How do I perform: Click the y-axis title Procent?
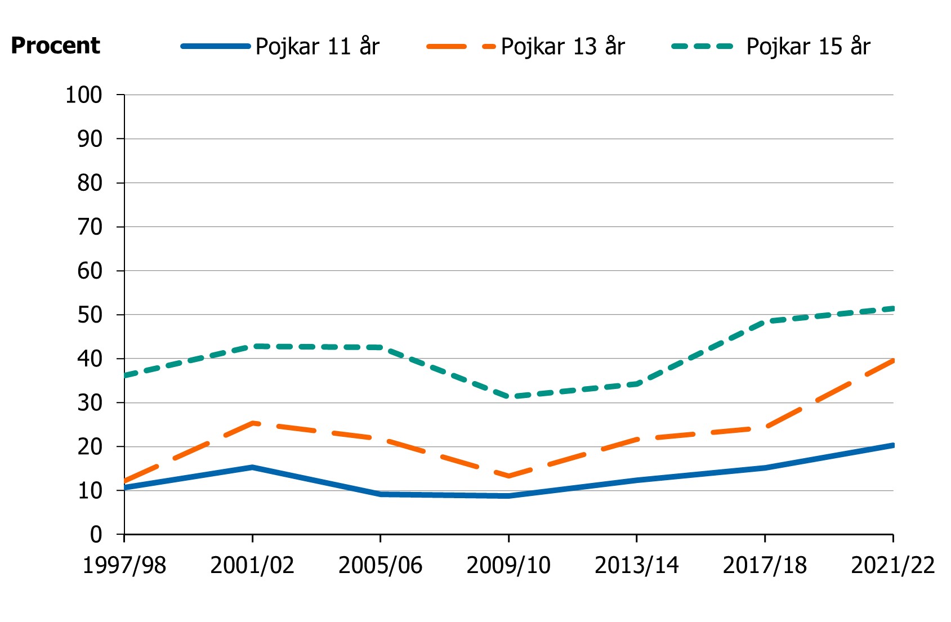click(x=55, y=46)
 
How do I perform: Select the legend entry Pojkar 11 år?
click(x=317, y=47)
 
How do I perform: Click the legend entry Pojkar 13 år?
click(x=562, y=47)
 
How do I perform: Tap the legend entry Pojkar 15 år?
click(x=808, y=47)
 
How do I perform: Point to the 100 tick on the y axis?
click(x=84, y=95)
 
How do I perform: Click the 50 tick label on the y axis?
click(x=90, y=315)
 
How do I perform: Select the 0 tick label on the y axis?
click(x=96, y=534)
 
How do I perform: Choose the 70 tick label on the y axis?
click(x=90, y=227)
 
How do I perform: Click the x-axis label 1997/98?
click(x=124, y=565)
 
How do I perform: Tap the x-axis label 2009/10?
click(x=508, y=565)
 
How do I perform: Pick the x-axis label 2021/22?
click(x=892, y=565)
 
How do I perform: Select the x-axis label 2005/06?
click(x=380, y=565)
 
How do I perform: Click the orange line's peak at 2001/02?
click(x=253, y=423)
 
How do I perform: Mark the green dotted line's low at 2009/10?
click(x=508, y=397)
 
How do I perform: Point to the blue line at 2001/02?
click(x=253, y=467)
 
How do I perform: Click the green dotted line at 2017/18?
click(x=765, y=321)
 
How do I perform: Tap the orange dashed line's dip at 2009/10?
click(x=508, y=476)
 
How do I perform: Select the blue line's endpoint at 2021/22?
click(x=892, y=445)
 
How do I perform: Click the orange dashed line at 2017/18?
click(x=765, y=427)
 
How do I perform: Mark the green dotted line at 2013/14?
click(x=637, y=384)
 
